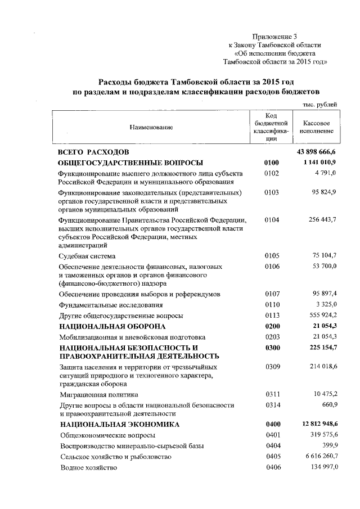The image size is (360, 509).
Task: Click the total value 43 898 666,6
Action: tap(316, 152)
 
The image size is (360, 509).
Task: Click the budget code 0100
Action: tap(271, 163)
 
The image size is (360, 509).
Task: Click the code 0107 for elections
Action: tap(271, 294)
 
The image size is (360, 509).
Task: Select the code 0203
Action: tap(271, 337)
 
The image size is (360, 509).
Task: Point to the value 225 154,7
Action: tap(319, 348)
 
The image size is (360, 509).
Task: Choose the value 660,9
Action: tap(328, 405)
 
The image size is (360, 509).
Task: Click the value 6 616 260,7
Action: tap(319, 457)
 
